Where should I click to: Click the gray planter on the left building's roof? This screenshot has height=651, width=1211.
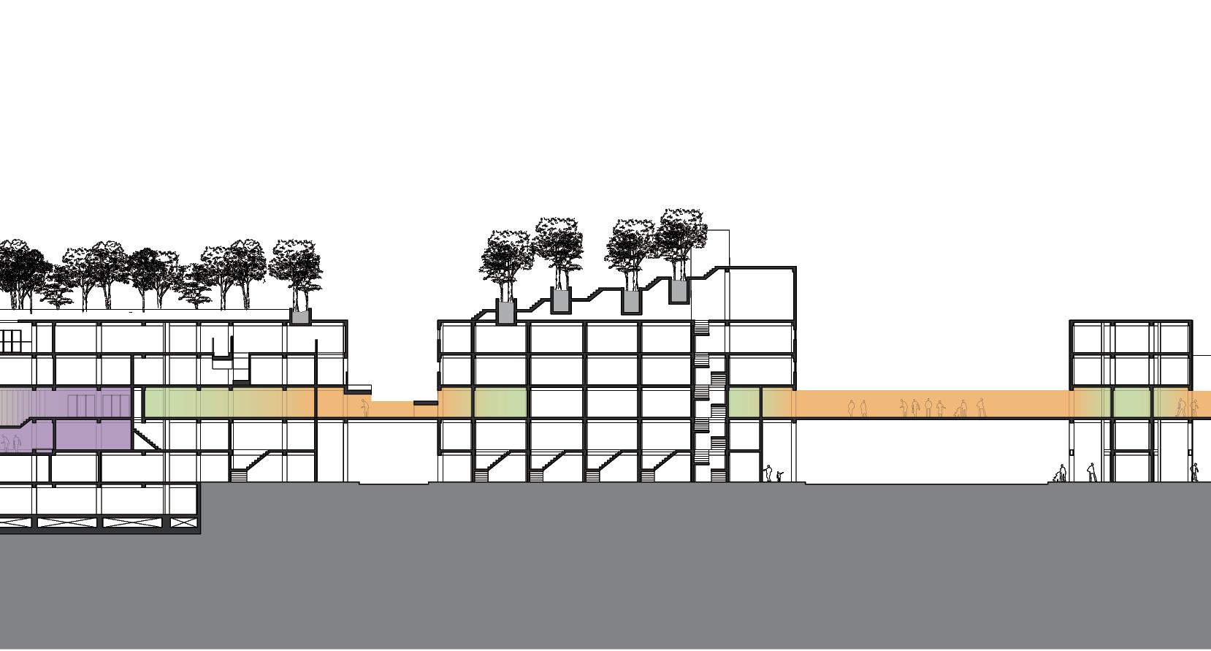tap(300, 316)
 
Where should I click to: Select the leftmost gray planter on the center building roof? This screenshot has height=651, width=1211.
tap(506, 311)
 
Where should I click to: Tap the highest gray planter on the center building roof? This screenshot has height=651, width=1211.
tap(679, 291)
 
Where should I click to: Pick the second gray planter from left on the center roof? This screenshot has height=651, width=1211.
tap(560, 300)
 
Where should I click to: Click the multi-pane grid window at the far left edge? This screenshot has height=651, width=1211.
tap(12, 340)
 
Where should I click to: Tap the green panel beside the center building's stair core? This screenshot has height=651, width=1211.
tap(744, 403)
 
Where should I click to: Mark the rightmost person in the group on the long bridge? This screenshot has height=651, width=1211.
tap(981, 407)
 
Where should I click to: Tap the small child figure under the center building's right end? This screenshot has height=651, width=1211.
tap(779, 476)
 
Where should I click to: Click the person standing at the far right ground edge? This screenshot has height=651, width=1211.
tap(1194, 471)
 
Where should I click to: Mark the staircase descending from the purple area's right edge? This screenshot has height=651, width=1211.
tap(147, 438)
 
